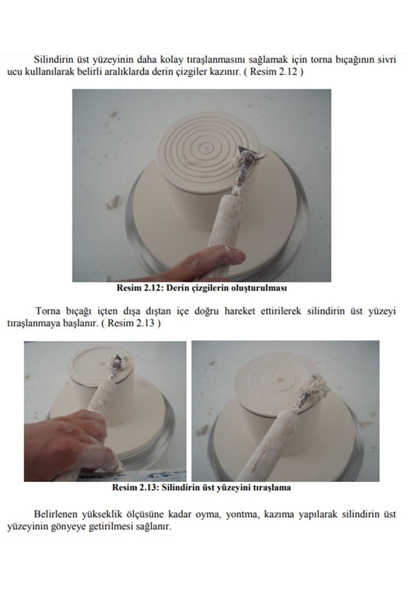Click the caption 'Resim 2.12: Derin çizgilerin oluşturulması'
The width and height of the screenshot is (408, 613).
pyautogui.click(x=202, y=288)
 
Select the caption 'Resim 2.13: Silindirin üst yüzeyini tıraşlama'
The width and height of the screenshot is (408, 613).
pyautogui.click(x=202, y=487)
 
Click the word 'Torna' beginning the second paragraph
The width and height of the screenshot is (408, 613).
pyautogui.click(x=47, y=311)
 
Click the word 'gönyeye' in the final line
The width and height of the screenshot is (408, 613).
pyautogui.click(x=70, y=527)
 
